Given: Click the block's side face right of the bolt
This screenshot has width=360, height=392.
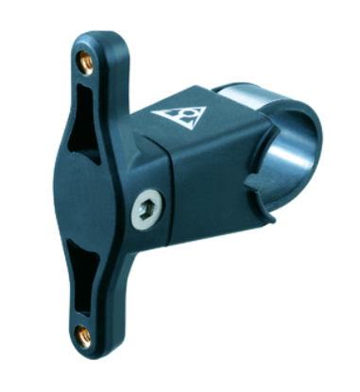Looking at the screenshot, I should click(x=203, y=203).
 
